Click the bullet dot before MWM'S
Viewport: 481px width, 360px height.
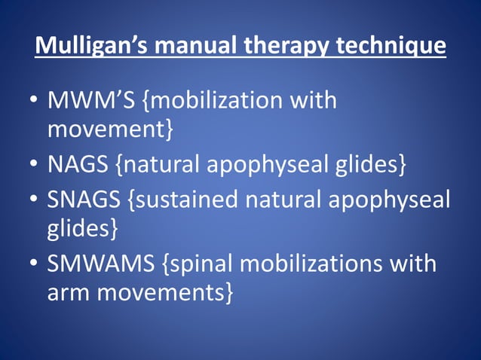tap(34, 102)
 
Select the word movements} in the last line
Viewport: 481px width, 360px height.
tap(167, 292)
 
